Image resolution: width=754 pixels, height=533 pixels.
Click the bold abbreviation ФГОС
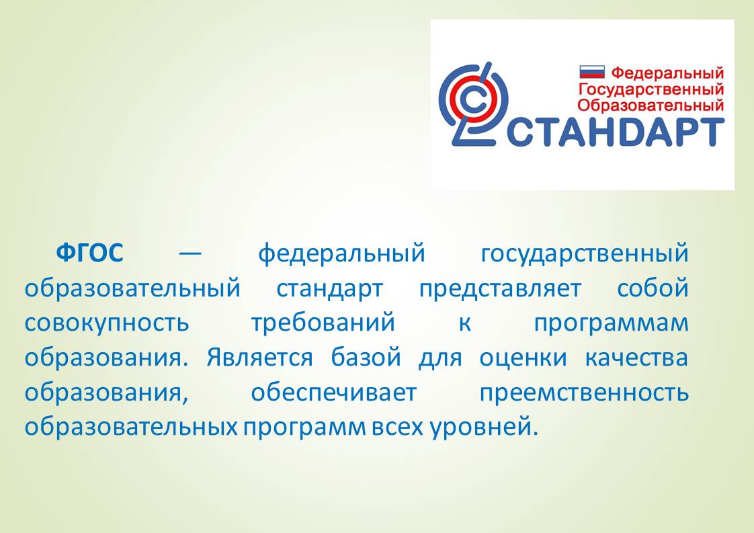coord(90,253)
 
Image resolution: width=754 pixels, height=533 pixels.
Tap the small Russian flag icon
coord(592,72)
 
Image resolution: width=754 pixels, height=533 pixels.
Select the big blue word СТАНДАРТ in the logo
coord(616,132)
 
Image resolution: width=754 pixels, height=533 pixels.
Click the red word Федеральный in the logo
coord(667,73)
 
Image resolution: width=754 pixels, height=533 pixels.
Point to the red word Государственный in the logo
coord(651,89)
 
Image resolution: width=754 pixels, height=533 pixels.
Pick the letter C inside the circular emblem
coord(474,100)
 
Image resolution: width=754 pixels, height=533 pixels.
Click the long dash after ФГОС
coord(190,253)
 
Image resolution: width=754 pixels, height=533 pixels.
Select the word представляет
coord(500,289)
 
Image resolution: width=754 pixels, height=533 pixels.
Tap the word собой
coord(653,288)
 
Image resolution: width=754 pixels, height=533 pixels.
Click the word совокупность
coord(107,323)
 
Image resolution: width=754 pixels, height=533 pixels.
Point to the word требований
coord(323,323)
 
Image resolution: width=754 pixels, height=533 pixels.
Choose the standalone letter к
coord(464,323)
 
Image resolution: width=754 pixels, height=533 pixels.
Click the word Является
coord(259,358)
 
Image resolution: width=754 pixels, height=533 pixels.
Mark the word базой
coord(366,357)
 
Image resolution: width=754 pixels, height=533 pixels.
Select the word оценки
coord(523,358)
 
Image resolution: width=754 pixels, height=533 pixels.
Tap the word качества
coord(636,358)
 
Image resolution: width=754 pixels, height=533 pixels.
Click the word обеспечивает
coord(334,393)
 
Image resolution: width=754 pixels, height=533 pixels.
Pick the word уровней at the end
coord(484,427)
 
